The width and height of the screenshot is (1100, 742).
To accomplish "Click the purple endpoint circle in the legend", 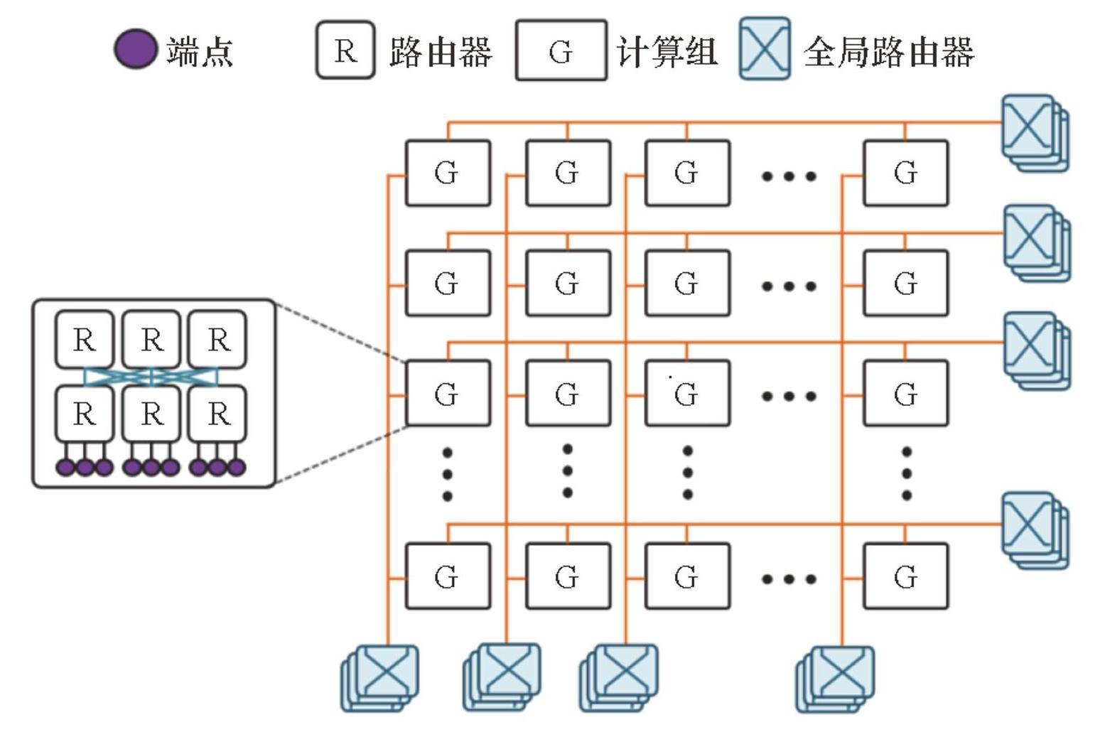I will point(135,50).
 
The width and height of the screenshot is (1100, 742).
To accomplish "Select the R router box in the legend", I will point(345,50).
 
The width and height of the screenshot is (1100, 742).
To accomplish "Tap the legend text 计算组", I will point(667,52).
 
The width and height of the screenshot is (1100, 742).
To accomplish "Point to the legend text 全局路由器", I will point(888,52).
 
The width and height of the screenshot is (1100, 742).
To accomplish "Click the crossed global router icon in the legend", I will point(765,49).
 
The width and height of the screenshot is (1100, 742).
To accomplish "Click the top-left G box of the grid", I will point(448,173).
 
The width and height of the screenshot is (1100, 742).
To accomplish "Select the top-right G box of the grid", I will point(905,173).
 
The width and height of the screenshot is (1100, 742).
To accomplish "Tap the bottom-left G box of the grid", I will point(448,576).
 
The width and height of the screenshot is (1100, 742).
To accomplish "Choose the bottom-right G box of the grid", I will point(905,576).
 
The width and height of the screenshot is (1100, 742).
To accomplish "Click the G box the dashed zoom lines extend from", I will point(448,394).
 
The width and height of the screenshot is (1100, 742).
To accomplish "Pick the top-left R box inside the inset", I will point(85,340).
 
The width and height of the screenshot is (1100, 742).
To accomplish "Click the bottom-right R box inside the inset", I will point(218,414).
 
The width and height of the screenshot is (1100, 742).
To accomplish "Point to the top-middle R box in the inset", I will point(151,340).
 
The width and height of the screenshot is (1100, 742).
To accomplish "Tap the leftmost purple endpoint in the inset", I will point(65,467).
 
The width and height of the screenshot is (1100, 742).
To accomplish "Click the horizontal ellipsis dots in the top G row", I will point(789,176).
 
